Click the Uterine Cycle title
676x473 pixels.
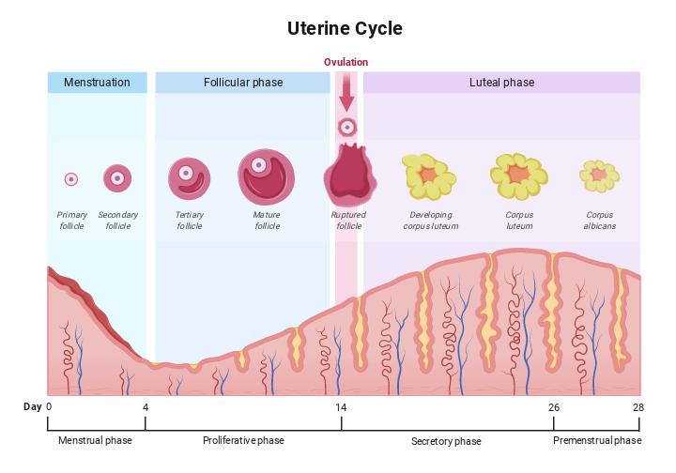coord(345,28)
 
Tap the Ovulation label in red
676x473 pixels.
coord(346,62)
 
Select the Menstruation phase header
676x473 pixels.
coord(97,83)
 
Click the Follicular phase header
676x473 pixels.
coord(242,83)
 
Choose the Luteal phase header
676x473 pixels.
coord(501,83)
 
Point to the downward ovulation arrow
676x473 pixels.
coord(347,94)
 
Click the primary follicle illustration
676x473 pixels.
coord(70,178)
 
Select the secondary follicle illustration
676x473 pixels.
coord(117,176)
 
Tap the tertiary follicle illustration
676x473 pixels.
coord(188,177)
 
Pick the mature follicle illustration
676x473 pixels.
coord(266,176)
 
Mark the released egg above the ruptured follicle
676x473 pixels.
coord(347,127)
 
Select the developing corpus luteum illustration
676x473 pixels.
coord(428,175)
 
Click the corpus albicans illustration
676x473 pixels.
coord(598,175)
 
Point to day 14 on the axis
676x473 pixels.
coord(341,406)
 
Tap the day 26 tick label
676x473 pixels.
coord(554,406)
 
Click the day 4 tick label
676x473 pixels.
coord(146,406)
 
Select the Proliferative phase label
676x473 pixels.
coord(243,440)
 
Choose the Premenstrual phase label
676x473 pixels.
coord(597,440)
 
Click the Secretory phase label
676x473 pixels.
coord(446,441)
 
